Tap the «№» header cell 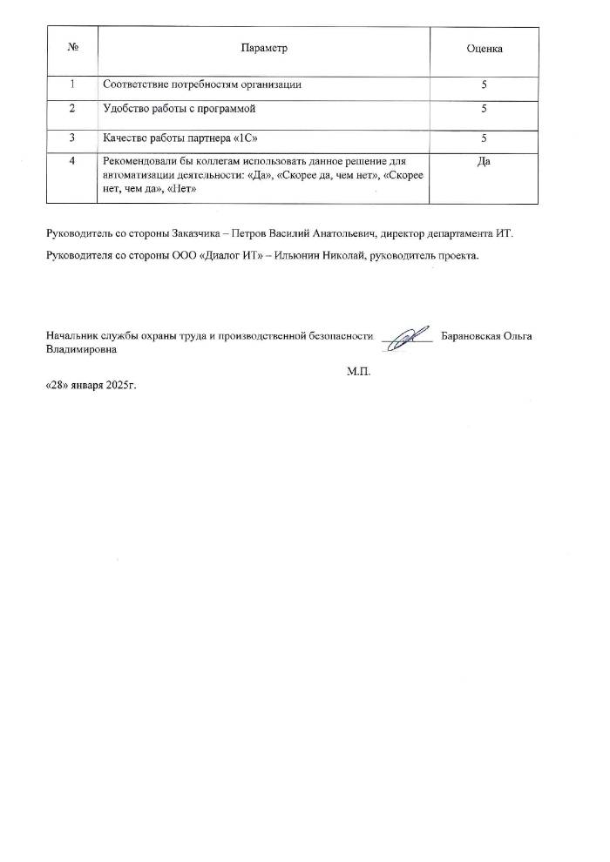point(72,48)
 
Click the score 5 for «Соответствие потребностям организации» point(484,84)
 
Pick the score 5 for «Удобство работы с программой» point(484,111)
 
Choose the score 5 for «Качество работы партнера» point(484,138)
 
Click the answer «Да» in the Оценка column point(484,161)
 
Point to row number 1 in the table point(72,84)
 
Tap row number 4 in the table point(72,161)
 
